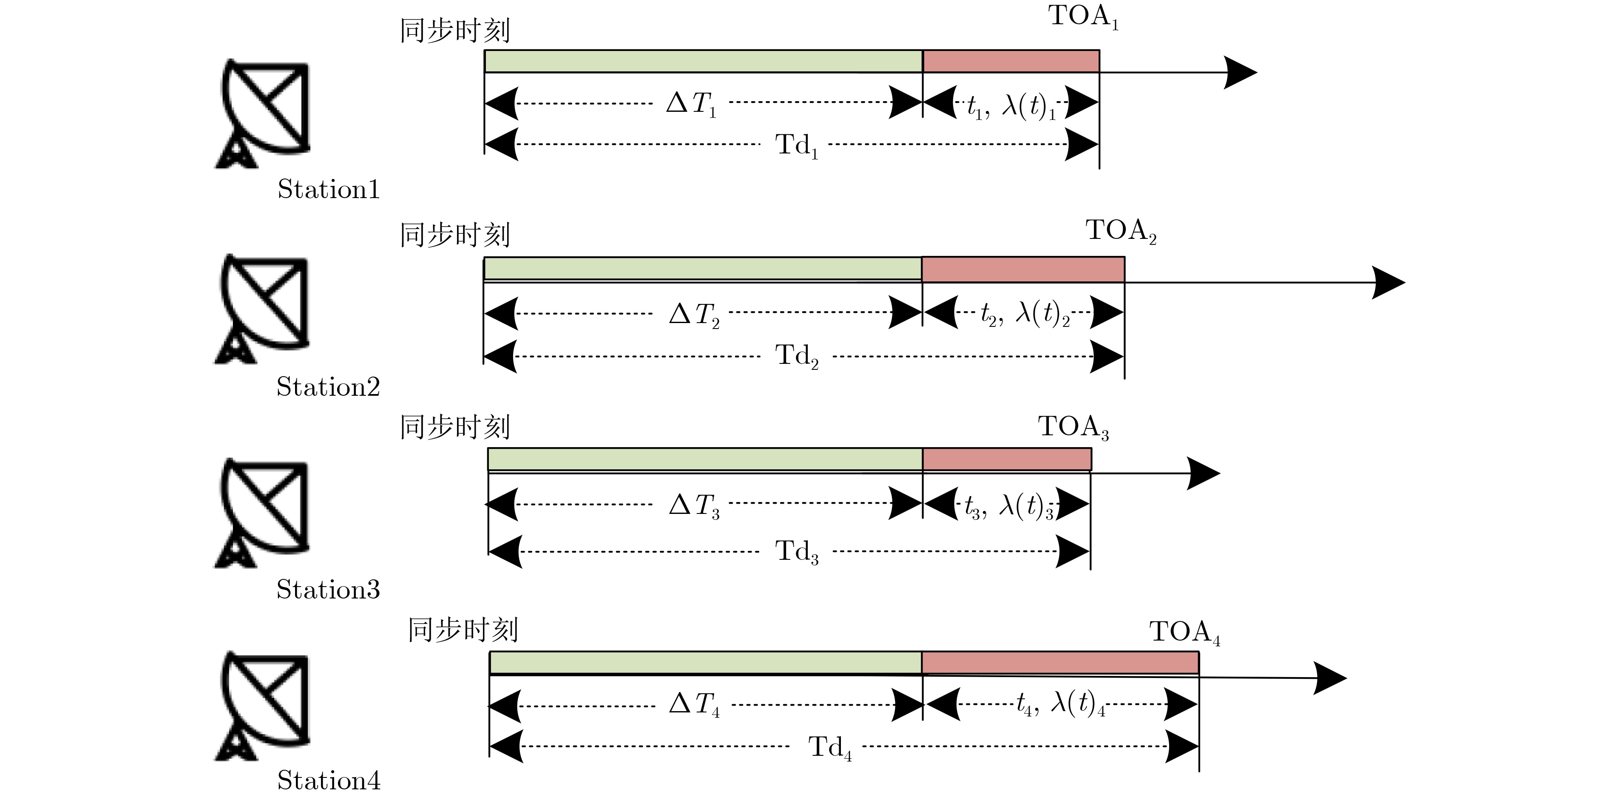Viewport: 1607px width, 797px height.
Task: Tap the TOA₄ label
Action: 1184,632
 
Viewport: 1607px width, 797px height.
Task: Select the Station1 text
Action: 328,190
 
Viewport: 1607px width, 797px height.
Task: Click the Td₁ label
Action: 796,146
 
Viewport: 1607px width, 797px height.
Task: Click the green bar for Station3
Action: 705,459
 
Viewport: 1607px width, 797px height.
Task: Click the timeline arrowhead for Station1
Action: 1240,72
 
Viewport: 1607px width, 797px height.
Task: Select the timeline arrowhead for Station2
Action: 1388,283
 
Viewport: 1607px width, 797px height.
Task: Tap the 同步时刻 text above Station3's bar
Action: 455,428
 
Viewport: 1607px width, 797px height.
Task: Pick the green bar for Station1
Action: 703,61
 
